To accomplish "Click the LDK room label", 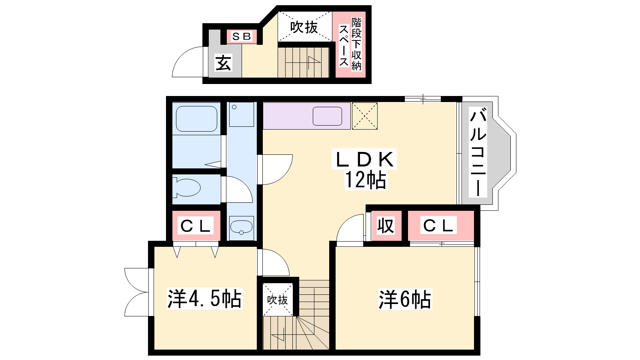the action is pos(364,160).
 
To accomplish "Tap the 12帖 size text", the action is pos(366,180).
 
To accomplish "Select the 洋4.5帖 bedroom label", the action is pos(204,299).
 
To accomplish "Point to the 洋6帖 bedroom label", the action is pos(405,300).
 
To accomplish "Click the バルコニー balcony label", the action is pos(478,152).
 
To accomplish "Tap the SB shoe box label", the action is pos(242,36).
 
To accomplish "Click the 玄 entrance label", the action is pos(223,63).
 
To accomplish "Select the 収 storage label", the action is pos(386,226).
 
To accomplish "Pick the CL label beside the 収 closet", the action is pos(438,226).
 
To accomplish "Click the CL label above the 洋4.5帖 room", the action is pos(196,226).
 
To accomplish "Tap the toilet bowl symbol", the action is pos(186,188).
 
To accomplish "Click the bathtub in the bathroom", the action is pos(196,119).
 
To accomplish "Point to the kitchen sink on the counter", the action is pos(328,116).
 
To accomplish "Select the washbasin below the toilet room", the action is pos(242,228).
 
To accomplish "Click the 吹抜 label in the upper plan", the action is pos(304,28).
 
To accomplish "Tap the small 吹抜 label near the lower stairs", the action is pos(278,300).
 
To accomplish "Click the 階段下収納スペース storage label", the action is pos(350,44).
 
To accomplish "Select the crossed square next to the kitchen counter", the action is pos(364,116).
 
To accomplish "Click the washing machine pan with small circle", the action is pos(242,114).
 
